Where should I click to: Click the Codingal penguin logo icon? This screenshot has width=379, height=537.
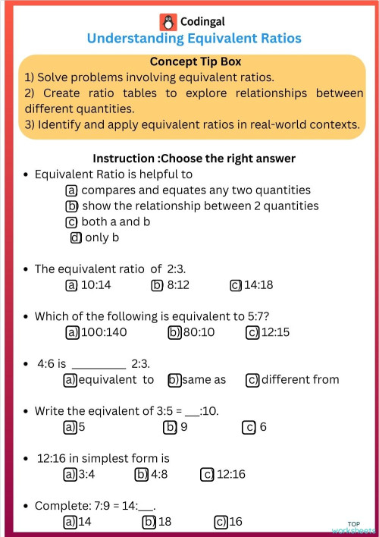(x=168, y=21)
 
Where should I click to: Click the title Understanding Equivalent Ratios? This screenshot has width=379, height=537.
(x=194, y=38)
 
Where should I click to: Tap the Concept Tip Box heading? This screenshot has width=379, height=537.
(x=195, y=61)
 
